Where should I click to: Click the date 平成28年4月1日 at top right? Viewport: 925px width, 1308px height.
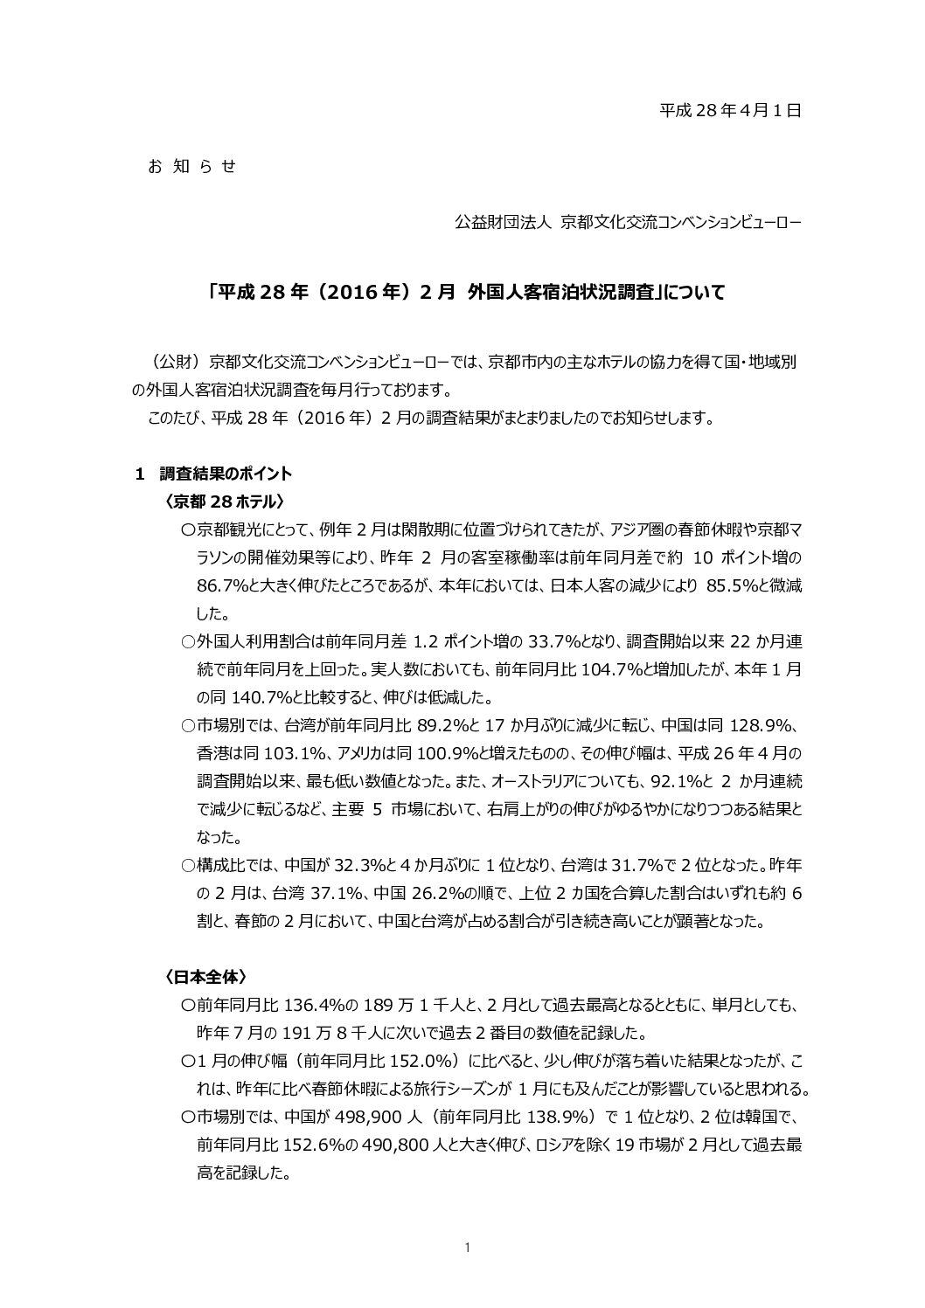click(x=729, y=110)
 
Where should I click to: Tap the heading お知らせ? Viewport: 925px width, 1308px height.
click(x=192, y=166)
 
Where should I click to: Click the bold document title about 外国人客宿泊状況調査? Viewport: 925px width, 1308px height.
click(x=467, y=293)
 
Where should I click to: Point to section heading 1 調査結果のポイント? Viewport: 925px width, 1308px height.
click(x=213, y=474)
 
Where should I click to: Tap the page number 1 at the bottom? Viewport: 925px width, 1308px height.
click(x=467, y=1249)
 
